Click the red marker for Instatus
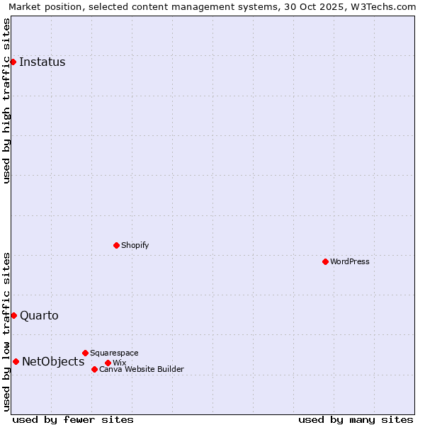[x=13, y=62]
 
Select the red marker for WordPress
[x=325, y=261]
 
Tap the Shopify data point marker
[x=116, y=245]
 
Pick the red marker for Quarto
[x=13, y=315]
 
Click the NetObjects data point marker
[x=16, y=361]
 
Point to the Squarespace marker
[x=85, y=353]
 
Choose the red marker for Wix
[x=108, y=363]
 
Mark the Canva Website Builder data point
[x=94, y=369]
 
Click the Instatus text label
[x=42, y=62]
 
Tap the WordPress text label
[x=350, y=261]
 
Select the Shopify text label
[x=135, y=245]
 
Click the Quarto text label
[x=39, y=315]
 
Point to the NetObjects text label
[x=53, y=361]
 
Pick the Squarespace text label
[x=114, y=353]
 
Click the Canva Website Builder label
[x=142, y=369]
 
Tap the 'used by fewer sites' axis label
[x=73, y=420]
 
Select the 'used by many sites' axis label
[x=356, y=420]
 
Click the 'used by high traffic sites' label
[x=7, y=101]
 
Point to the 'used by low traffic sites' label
[x=7, y=331]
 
